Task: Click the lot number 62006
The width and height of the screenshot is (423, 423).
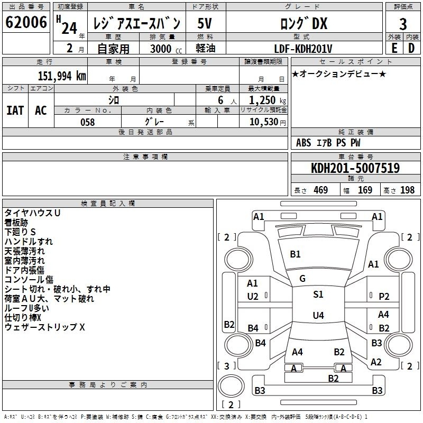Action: pos(26,22)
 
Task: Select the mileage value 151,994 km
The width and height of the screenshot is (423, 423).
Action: pos(62,76)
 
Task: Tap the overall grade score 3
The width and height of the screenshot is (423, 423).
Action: pos(403,24)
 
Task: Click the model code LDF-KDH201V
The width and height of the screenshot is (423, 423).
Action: pos(303,49)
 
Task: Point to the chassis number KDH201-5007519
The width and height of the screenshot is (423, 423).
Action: pos(355,168)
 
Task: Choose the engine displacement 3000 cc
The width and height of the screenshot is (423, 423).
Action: pos(166,49)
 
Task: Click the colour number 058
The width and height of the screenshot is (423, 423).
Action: pos(88,122)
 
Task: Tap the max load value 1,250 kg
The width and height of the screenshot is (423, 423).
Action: pos(268,100)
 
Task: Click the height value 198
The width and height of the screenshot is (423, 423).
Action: pos(407,190)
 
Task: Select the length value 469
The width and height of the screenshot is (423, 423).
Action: pos(321,190)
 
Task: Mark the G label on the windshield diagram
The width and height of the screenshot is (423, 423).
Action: pos(302,278)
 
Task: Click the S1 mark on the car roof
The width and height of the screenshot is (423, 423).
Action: pos(318,294)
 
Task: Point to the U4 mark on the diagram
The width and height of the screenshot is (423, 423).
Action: pos(318,315)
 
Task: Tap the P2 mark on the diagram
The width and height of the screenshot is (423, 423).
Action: pos(384,296)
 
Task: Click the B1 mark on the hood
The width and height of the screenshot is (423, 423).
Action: pos(295,254)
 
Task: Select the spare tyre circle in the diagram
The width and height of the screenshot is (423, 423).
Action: pos(231,386)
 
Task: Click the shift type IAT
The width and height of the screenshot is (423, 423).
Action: pos(15,111)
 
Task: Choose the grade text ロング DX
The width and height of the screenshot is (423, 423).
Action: pos(304,23)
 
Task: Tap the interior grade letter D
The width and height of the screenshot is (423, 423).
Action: pos(411,48)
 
